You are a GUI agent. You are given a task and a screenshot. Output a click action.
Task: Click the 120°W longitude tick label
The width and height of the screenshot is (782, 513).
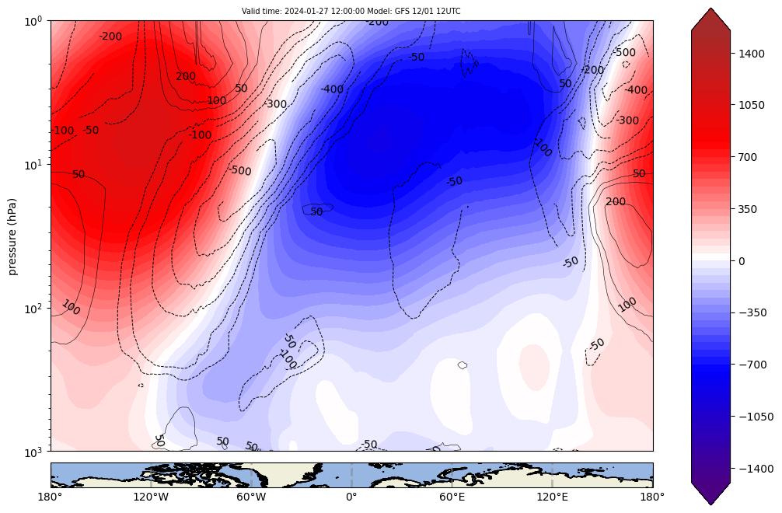[x=151, y=495]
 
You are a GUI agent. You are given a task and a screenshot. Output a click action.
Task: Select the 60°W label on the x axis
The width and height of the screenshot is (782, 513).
[x=251, y=495]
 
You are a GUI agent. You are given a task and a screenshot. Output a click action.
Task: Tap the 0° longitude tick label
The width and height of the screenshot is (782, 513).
[x=351, y=495]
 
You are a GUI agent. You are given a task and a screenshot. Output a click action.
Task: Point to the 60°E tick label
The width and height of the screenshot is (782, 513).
[x=452, y=495]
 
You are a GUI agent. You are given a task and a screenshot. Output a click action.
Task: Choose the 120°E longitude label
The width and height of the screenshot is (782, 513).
[x=552, y=495]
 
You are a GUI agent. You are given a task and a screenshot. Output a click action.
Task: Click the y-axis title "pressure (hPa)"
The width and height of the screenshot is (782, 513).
[x=12, y=236]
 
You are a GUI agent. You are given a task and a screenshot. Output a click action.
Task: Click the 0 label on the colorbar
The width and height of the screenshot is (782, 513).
[x=742, y=261]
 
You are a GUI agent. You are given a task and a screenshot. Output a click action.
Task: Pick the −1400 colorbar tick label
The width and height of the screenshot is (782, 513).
[x=755, y=469]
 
